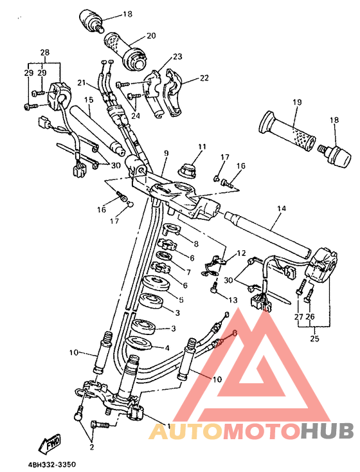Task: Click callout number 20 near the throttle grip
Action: [151, 35]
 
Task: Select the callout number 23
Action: [177, 57]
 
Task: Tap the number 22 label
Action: [204, 78]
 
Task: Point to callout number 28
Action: [44, 52]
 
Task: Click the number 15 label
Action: [88, 100]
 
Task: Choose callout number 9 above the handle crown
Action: [165, 152]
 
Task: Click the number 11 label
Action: [202, 147]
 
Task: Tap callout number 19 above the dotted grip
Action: [297, 102]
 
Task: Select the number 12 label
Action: [242, 253]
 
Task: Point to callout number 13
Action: [232, 300]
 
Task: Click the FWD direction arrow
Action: [53, 443]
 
